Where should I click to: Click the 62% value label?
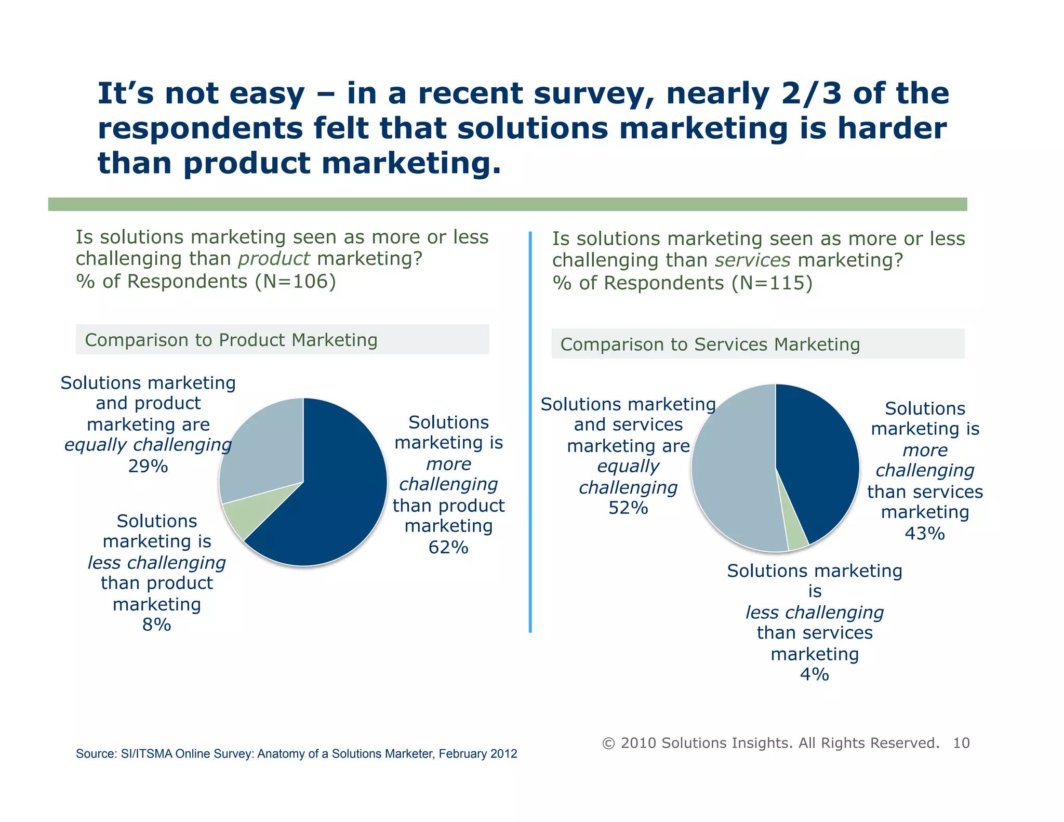pos(448,548)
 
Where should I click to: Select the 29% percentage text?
pos(148,467)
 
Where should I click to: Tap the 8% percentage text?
pos(156,625)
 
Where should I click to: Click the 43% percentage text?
pos(925,534)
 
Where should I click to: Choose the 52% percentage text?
pos(628,508)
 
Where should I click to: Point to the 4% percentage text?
pos(814,674)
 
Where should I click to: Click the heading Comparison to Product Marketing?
pos(231,340)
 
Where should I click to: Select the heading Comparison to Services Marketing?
pos(710,344)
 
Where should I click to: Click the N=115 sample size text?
pos(772,283)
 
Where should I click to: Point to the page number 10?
pos(961,743)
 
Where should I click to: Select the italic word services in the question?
pos(752,260)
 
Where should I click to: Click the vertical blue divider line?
pos(530,431)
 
